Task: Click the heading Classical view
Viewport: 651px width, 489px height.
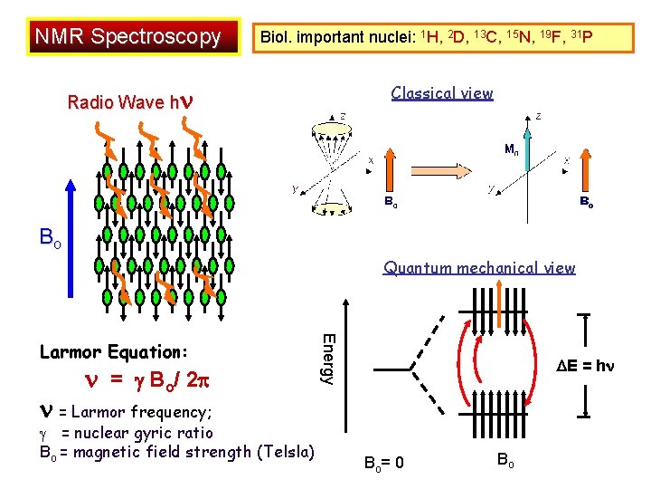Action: pos(442,92)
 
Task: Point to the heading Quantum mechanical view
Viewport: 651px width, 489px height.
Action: pos(479,267)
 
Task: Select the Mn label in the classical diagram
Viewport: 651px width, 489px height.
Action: pos(511,149)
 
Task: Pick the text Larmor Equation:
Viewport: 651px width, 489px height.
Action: pos(113,350)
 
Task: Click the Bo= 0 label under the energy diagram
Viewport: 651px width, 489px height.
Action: pos(384,464)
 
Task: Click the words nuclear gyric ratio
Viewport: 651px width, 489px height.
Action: pos(137,432)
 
